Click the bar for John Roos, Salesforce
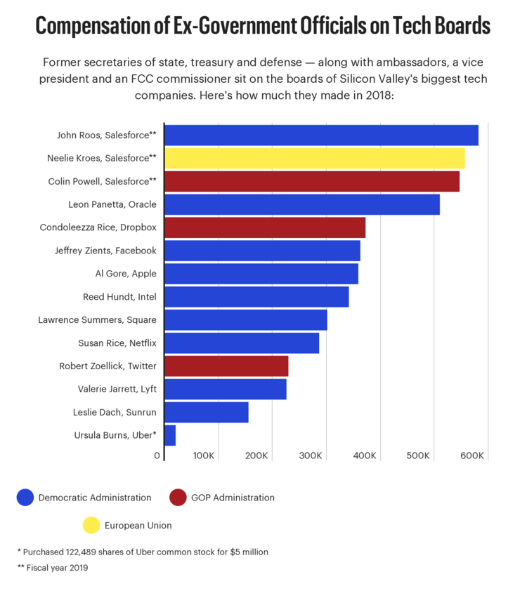coord(321,135)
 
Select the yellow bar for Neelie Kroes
coord(314,159)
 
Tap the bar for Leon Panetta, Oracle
coord(301,205)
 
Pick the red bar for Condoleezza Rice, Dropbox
coord(265,228)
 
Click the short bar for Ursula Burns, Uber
coord(170,435)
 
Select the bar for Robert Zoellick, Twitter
coord(226,366)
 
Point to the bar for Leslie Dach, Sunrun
coord(207,413)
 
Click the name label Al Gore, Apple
coord(126,274)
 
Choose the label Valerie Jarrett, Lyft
coord(117,389)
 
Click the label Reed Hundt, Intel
coord(119,297)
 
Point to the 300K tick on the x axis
coord(310,456)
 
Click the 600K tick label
coord(471,456)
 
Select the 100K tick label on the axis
coord(203,456)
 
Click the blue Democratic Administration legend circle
coord(25,498)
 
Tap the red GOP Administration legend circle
coord(178,498)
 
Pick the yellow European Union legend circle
coord(91,525)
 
